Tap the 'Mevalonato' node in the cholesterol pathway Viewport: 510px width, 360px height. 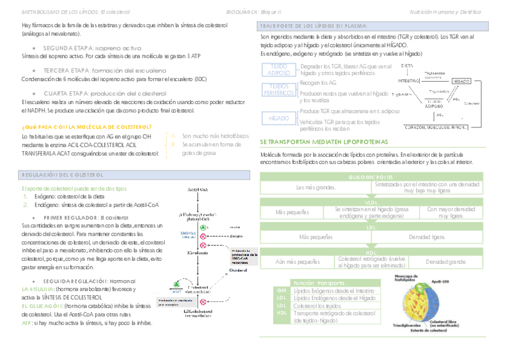197,253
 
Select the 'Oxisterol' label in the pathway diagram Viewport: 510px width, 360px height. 239,271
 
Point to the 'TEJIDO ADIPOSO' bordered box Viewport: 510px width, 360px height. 278,69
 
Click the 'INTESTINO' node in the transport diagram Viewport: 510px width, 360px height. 409,81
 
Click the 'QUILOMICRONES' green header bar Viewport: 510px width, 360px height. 371,177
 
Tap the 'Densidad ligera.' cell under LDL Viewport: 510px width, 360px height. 428,237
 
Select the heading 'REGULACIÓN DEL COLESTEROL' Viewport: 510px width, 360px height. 63,174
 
